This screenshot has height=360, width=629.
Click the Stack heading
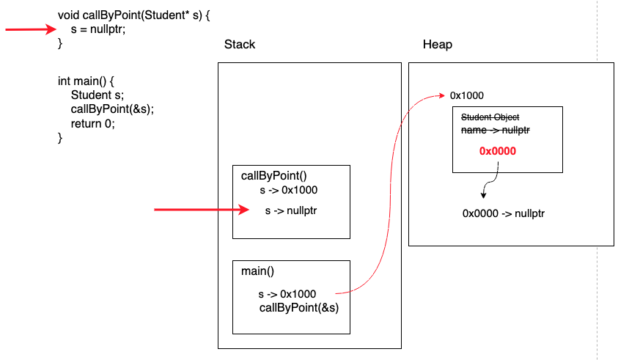tap(240, 45)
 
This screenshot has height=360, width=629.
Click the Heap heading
tap(438, 45)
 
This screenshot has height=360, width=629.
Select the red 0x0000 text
tap(498, 152)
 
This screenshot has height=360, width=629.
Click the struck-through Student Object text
tap(490, 117)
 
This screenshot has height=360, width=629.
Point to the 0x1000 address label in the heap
tap(466, 95)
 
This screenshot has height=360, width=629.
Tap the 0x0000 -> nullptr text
tap(503, 213)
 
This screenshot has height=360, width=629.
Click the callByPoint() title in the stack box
tap(269, 175)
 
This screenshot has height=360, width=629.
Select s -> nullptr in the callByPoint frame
tap(292, 211)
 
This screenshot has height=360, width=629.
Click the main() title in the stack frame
tap(257, 271)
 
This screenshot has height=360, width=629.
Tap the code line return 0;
tap(93, 123)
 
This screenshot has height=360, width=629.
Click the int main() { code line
tap(87, 81)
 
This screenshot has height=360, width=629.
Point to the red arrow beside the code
tap(31, 29)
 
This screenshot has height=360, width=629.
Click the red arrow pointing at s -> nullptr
tap(202, 210)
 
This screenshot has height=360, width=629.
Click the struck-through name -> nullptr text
tap(495, 130)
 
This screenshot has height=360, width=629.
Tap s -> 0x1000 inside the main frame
tap(287, 294)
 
